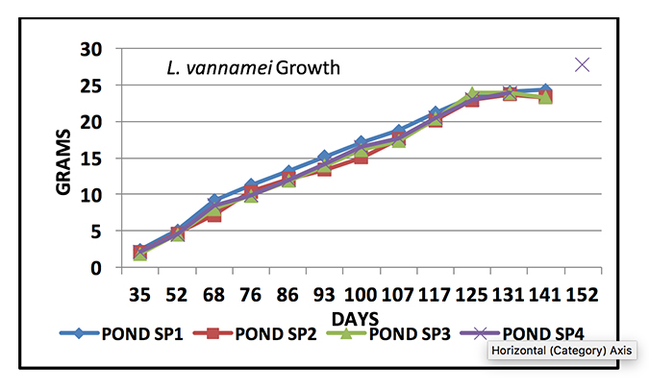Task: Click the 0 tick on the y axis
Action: click(x=96, y=268)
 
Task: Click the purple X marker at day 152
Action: click(x=582, y=64)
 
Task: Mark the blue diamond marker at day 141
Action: click(x=545, y=89)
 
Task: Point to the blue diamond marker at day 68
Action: click(x=214, y=201)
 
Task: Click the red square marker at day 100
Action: click(x=361, y=157)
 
